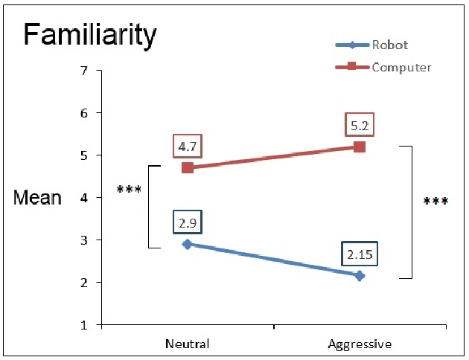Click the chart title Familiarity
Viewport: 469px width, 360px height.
click(x=89, y=34)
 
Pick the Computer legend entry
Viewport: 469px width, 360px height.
click(x=401, y=67)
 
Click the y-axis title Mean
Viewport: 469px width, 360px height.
click(x=37, y=199)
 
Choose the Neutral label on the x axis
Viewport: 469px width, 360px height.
click(x=187, y=344)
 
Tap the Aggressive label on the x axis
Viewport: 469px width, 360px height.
click(x=360, y=344)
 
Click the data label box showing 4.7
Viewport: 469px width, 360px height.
click(x=188, y=144)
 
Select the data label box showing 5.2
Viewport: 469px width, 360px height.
click(x=359, y=124)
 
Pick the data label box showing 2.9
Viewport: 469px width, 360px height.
click(x=188, y=222)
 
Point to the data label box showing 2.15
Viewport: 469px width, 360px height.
click(x=360, y=253)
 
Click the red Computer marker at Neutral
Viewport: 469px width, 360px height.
click(x=188, y=168)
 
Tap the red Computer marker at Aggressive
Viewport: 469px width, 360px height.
click(x=360, y=147)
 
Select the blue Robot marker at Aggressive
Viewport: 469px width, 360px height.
click(x=360, y=276)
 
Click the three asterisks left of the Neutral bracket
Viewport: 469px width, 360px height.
click(x=130, y=190)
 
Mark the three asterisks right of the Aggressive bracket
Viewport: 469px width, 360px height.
click(x=435, y=202)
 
